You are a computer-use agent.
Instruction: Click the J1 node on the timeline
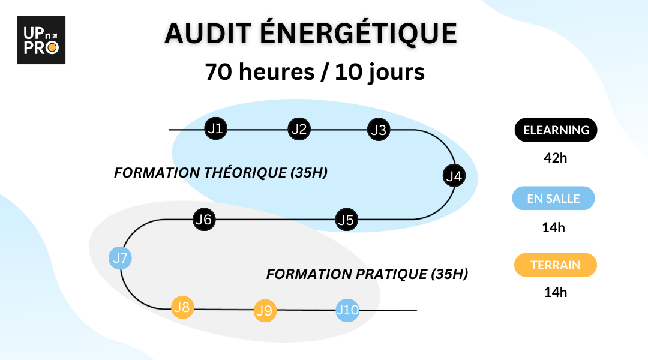tap(216, 128)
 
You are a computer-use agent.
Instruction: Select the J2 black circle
tap(299, 129)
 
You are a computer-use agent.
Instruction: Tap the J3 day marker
tap(379, 130)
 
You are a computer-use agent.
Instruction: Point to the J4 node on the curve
tap(454, 176)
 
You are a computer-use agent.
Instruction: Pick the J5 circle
tap(346, 220)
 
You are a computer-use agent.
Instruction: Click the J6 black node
tap(204, 220)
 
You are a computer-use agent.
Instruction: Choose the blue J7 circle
tap(120, 258)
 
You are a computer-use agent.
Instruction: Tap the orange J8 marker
tap(182, 308)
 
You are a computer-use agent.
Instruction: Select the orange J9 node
tap(265, 310)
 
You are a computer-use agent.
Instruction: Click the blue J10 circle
tap(347, 310)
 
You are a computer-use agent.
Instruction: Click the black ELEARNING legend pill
tap(556, 130)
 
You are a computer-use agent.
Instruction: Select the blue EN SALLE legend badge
tap(553, 199)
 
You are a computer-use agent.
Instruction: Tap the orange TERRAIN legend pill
tap(556, 265)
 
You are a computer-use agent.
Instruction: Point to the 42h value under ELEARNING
tap(556, 158)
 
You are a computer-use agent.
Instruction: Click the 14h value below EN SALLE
tap(553, 227)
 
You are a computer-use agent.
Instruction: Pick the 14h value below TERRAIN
tap(556, 293)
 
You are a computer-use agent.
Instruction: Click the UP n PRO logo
tap(41, 40)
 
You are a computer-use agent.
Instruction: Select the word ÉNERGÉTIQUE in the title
tap(358, 33)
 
